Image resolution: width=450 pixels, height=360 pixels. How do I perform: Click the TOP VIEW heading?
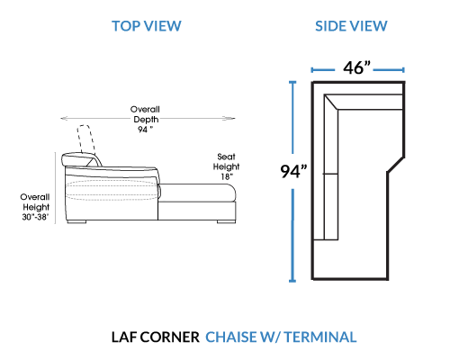click(147, 26)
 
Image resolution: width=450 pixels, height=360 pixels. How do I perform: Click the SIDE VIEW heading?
click(351, 26)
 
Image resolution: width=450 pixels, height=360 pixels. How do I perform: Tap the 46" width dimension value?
click(356, 67)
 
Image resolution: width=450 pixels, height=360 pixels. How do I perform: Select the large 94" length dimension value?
click(293, 171)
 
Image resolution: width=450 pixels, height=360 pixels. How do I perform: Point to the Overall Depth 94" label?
click(145, 119)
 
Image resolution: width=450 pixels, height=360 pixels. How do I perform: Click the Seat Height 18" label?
click(226, 166)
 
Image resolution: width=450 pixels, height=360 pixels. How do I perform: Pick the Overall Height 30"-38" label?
click(35, 207)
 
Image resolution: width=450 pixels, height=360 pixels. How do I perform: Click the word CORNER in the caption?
click(169, 337)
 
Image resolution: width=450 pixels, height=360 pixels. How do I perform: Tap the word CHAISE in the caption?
click(230, 337)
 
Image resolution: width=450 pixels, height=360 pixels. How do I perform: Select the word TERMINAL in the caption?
click(320, 337)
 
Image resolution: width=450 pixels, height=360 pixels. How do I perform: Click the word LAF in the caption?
click(124, 337)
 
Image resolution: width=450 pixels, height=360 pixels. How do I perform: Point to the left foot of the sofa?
click(76, 222)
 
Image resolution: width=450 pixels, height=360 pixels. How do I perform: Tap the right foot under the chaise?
click(226, 221)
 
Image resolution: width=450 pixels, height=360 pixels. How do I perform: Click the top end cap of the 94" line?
click(292, 82)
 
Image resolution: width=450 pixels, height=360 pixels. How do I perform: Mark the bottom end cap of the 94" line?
click(292, 281)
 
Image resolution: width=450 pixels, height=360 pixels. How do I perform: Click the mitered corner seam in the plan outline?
click(331, 103)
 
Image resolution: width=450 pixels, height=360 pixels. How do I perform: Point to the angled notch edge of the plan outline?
click(396, 165)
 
